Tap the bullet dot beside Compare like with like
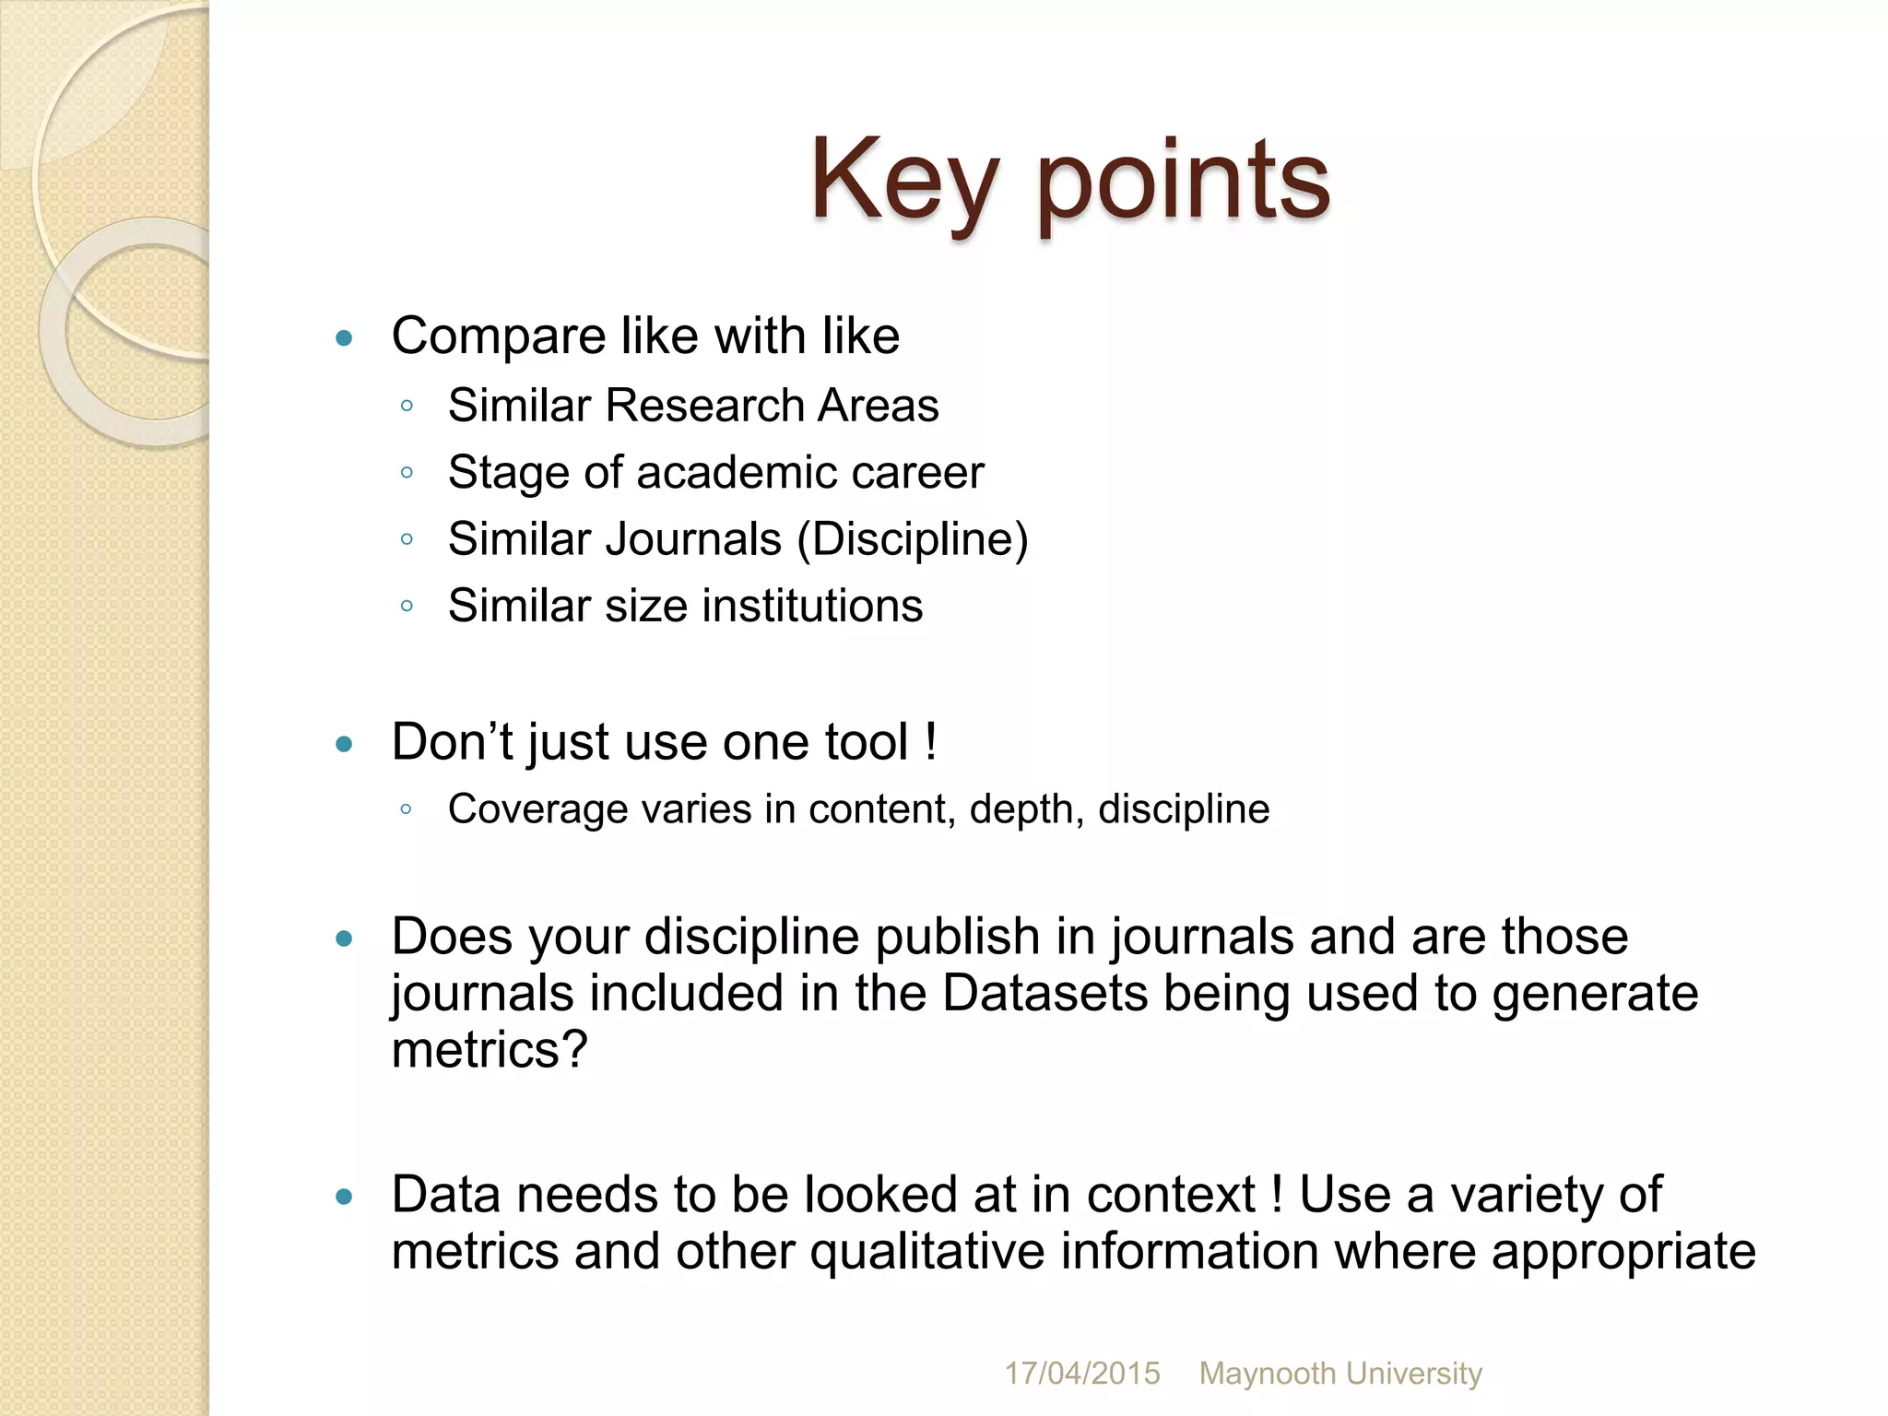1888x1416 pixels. point(345,338)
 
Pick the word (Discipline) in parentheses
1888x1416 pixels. point(913,539)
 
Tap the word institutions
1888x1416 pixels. point(812,607)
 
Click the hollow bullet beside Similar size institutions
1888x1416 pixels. point(407,607)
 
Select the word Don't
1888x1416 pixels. point(452,742)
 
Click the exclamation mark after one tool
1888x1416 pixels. point(931,742)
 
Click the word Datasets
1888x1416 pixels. point(1044,994)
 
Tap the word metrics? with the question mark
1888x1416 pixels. point(490,1050)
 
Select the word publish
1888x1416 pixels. point(957,937)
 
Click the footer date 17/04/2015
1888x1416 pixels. point(1081,1374)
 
